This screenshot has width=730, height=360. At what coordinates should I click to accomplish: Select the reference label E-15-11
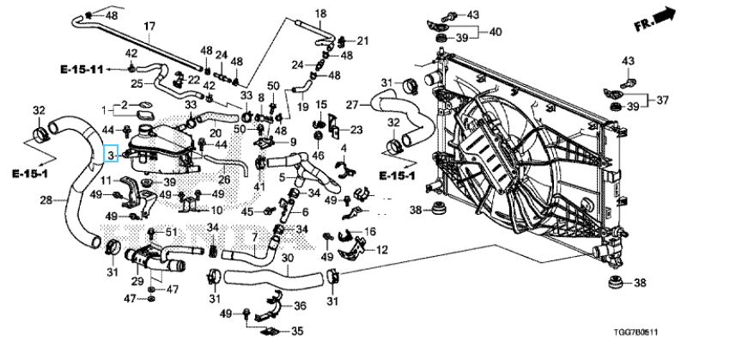click(82, 68)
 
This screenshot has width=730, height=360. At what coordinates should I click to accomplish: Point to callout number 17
click(149, 27)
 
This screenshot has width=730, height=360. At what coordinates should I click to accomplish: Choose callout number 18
click(321, 14)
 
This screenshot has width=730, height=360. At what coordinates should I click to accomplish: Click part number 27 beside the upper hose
click(351, 105)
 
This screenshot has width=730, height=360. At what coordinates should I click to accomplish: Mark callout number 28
click(47, 201)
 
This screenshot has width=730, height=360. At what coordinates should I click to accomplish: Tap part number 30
click(287, 257)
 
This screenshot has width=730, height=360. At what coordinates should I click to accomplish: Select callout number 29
click(137, 281)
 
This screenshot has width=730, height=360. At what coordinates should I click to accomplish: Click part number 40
click(496, 33)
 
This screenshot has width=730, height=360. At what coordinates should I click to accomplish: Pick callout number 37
click(662, 101)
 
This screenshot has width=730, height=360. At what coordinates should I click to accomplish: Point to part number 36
click(300, 305)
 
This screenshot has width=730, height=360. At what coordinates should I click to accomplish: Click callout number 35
click(297, 331)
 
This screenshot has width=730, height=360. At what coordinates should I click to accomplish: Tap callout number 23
click(356, 131)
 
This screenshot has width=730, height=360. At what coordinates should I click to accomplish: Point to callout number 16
click(370, 232)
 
